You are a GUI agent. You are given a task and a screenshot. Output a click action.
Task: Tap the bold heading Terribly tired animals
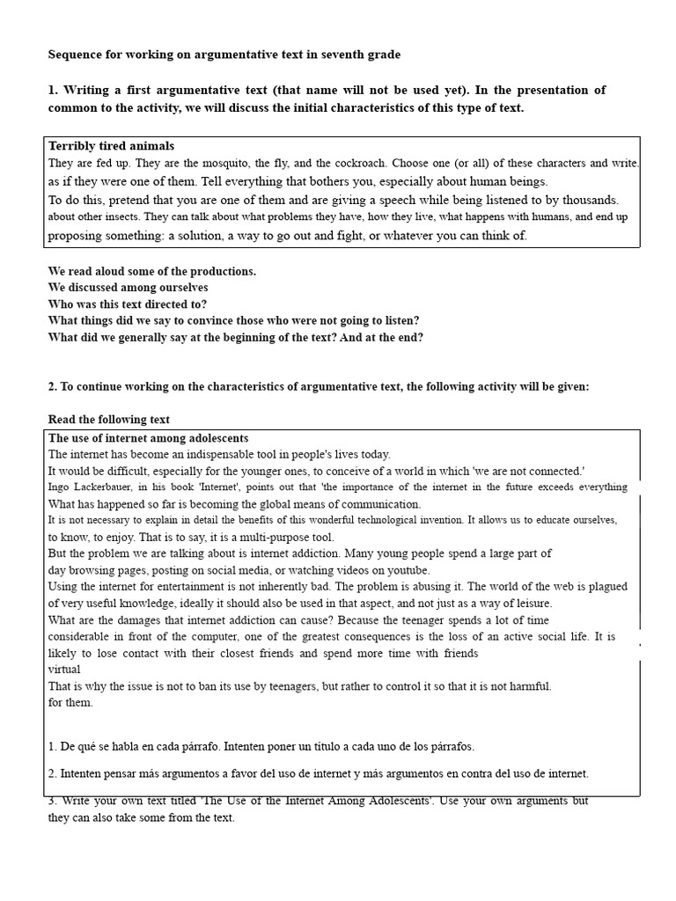point(111,146)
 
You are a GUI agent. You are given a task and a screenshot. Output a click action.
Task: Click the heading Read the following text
point(108,420)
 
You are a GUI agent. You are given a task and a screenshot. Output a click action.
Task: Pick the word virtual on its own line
point(63,670)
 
